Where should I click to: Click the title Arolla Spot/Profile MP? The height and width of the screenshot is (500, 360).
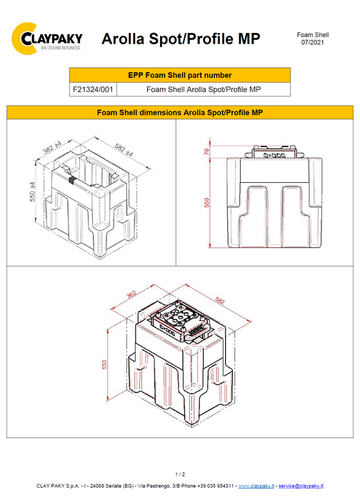(180, 38)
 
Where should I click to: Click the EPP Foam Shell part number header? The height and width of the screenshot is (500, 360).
(179, 75)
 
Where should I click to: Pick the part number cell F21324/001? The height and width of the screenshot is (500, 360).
(91, 89)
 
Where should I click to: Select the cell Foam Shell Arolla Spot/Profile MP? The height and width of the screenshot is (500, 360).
(202, 89)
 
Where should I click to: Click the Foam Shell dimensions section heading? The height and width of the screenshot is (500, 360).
(179, 112)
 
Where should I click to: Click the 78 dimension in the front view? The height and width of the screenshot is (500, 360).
(207, 152)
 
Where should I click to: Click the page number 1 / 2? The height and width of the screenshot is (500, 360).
(179, 474)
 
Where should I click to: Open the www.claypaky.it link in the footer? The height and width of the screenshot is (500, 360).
(255, 486)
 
